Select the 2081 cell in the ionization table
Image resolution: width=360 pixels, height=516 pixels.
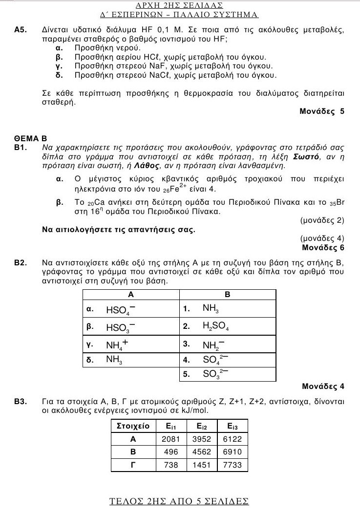click(x=171, y=439)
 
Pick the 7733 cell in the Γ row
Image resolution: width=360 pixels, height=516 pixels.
click(x=232, y=465)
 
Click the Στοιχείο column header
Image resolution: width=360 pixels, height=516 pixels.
click(x=133, y=426)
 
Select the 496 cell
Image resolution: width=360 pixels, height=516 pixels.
click(x=171, y=452)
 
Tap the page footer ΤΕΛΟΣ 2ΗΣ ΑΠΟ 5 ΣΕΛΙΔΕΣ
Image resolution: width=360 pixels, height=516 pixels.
click(x=179, y=501)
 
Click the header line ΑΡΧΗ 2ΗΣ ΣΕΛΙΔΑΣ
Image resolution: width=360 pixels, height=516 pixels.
click(x=179, y=5)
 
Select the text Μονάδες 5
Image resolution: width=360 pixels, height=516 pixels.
click(x=322, y=111)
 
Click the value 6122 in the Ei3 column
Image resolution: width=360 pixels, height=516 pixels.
click(x=232, y=439)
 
